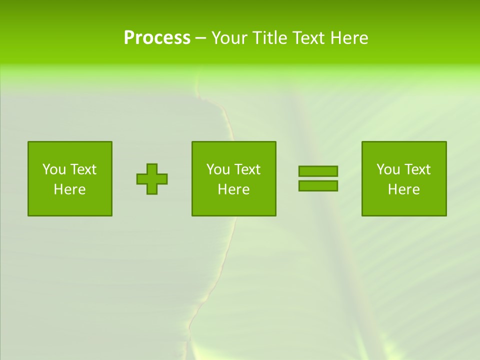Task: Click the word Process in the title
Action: (x=157, y=38)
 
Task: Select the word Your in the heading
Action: (x=230, y=38)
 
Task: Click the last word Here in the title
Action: (x=348, y=38)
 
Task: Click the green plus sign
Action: (x=152, y=179)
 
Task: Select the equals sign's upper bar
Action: (x=318, y=171)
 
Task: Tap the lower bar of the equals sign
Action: (x=318, y=185)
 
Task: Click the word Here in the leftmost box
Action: (x=70, y=189)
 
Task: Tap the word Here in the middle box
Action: (x=234, y=189)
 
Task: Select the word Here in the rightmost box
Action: (x=404, y=189)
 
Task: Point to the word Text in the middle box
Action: (x=247, y=169)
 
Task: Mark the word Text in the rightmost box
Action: (x=417, y=169)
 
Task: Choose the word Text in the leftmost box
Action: (x=83, y=169)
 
